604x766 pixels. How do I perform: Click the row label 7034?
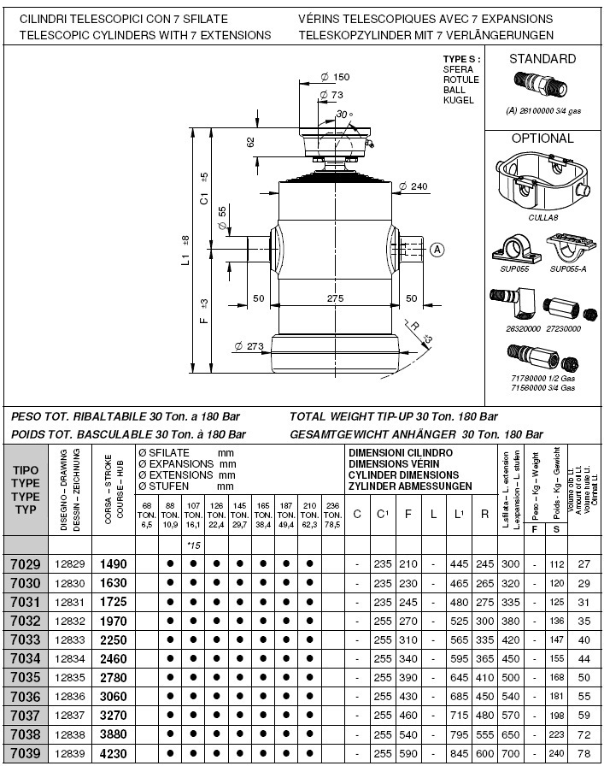[23, 658]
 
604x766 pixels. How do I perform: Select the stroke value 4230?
[114, 754]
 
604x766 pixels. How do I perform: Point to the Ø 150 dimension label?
[336, 77]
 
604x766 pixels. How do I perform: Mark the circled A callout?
[437, 250]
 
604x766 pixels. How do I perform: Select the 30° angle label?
[343, 114]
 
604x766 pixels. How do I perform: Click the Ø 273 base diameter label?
[249, 346]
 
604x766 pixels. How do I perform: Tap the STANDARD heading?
[542, 59]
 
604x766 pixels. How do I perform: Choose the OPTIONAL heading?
[542, 138]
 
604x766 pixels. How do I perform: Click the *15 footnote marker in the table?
[193, 545]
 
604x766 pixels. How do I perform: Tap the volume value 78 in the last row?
[585, 754]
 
